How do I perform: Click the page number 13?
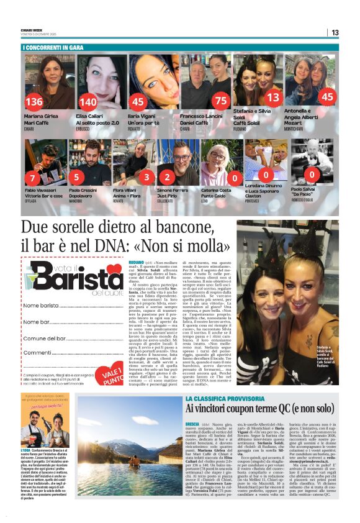pyautogui.click(x=351, y=32)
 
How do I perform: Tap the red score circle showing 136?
pyautogui.click(x=34, y=102)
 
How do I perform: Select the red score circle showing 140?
pyautogui.click(x=88, y=102)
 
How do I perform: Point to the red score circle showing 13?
pyautogui.click(x=272, y=98)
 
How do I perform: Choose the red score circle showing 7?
pyautogui.click(x=33, y=179)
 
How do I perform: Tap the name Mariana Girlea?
pyautogui.click(x=42, y=116)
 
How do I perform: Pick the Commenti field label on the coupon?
pyautogui.click(x=37, y=352)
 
